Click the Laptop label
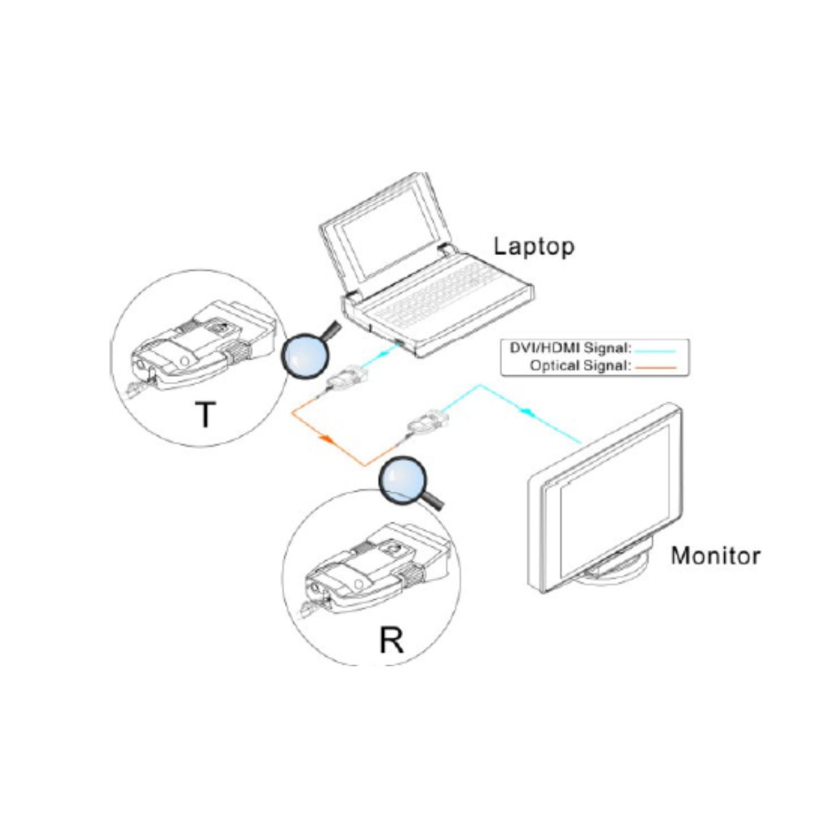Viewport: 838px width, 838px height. pos(534,247)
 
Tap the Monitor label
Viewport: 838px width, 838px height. pos(715,557)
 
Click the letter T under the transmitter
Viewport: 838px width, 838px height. pos(204,415)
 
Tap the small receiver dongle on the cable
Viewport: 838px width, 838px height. pos(428,424)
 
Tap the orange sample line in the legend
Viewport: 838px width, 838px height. pos(656,366)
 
